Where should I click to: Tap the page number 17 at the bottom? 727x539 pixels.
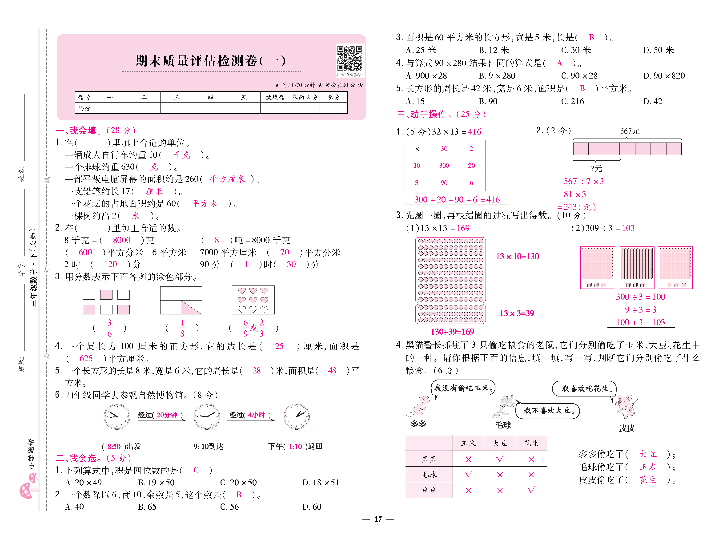pos(378,519)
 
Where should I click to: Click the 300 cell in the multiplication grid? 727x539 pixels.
pos(444,165)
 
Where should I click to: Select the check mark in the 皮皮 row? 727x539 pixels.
pos(531,490)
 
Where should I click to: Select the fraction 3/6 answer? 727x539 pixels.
pos(109,328)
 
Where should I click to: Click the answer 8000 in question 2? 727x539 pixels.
pos(121,240)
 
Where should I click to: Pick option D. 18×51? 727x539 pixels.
pos(321,482)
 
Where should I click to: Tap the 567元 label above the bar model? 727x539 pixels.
pos(629,131)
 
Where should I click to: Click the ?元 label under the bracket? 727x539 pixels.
pos(596,169)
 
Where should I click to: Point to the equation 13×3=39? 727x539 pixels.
pos(517,313)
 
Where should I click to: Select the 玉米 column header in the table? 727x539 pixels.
pos(468,443)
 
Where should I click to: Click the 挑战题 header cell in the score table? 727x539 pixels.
pos(275,97)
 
